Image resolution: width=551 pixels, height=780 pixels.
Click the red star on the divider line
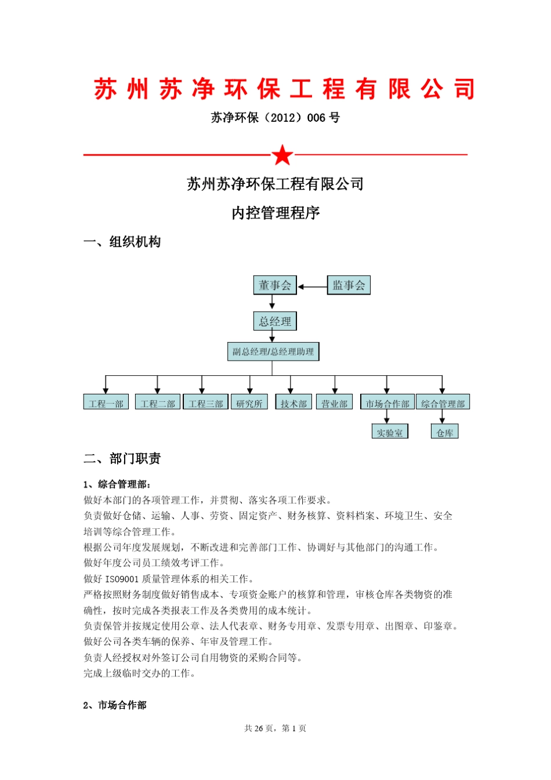point(282,155)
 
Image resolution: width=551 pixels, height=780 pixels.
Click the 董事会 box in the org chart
point(275,285)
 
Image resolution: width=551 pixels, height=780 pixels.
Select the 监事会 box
point(349,285)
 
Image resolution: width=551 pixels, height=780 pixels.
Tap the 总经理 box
point(275,321)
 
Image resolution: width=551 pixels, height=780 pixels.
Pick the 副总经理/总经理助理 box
point(273,351)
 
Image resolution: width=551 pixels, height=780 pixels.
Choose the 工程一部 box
point(106,403)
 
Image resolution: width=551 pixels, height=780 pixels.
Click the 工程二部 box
point(158,403)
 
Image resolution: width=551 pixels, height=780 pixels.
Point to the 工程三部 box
point(206,403)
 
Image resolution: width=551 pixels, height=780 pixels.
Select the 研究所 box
point(249,403)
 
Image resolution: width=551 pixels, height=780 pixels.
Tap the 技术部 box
point(293,403)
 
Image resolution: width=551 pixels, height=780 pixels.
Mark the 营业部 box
point(335,403)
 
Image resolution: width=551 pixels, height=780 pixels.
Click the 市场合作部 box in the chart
point(387,403)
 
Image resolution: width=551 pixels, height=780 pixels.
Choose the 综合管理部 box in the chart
point(443,403)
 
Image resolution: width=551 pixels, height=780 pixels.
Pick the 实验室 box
point(390,432)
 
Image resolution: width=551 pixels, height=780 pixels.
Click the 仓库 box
point(445,432)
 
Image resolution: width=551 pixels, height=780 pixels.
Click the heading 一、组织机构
point(122,242)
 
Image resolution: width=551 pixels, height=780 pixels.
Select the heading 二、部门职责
point(122,459)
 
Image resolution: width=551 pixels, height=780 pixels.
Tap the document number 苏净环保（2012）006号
point(275,118)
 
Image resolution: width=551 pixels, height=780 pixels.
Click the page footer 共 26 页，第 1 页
point(275,728)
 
